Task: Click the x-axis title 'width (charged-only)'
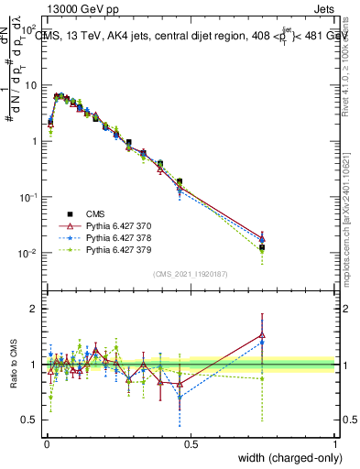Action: [286, 459]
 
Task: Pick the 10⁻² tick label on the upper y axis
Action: [28, 254]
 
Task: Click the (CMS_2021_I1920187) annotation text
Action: [190, 273]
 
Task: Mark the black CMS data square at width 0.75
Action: [262, 247]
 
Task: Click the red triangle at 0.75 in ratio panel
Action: [262, 335]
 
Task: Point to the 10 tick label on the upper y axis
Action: [30, 86]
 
